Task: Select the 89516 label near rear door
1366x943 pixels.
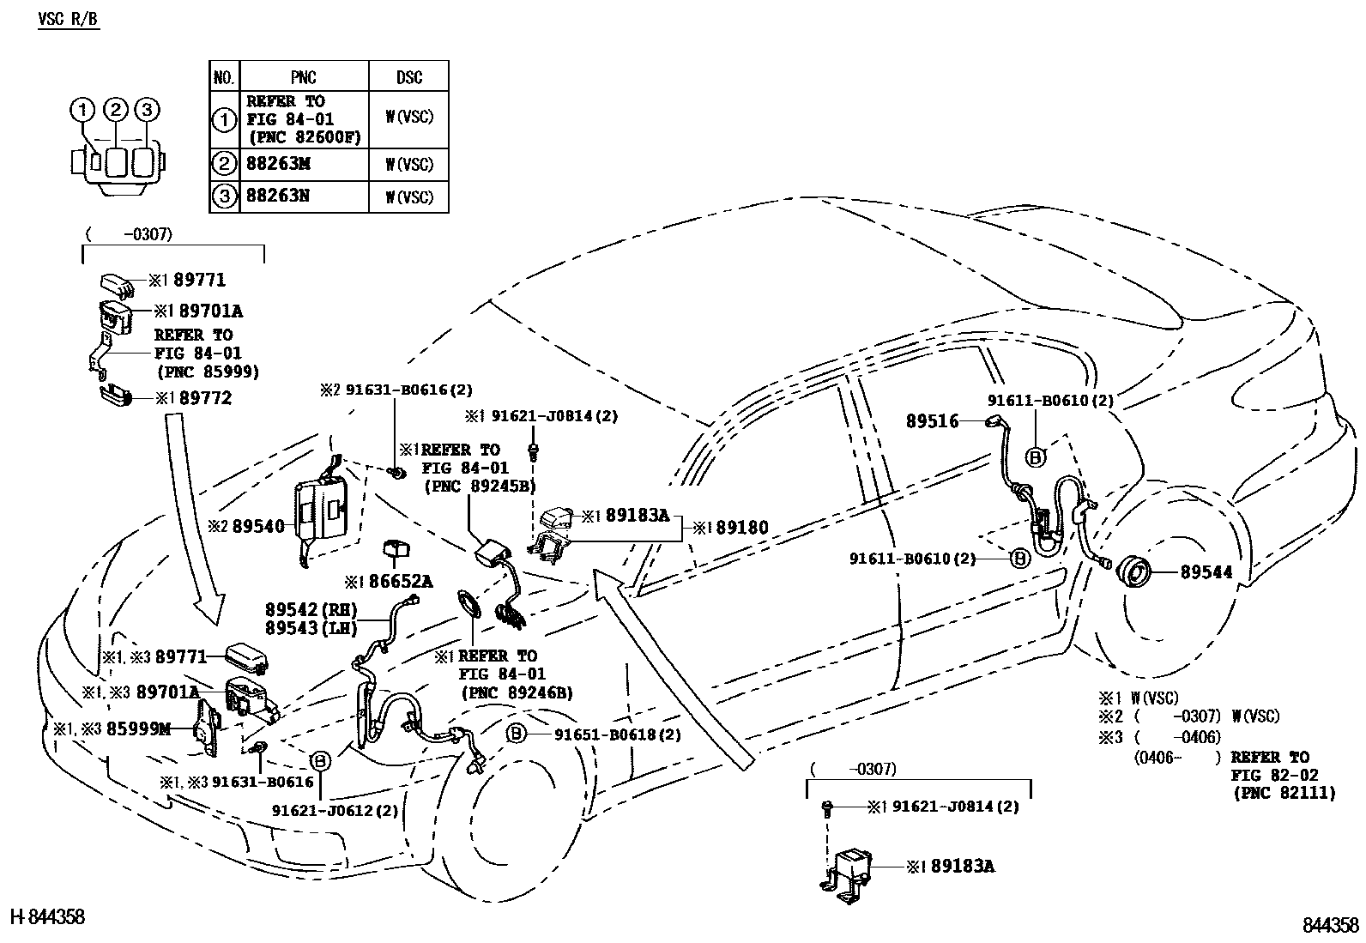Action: coord(932,421)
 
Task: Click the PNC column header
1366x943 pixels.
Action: coord(304,77)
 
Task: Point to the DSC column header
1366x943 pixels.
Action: coord(408,77)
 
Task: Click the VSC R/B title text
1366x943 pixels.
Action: coord(69,19)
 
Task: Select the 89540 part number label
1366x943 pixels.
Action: coord(257,525)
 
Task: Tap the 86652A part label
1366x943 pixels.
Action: coord(401,582)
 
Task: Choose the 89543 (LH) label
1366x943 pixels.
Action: coord(299,629)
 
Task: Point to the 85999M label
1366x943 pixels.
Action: coord(137,729)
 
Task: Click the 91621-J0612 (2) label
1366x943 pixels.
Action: coord(335,810)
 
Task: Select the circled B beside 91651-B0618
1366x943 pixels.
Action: coord(516,734)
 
